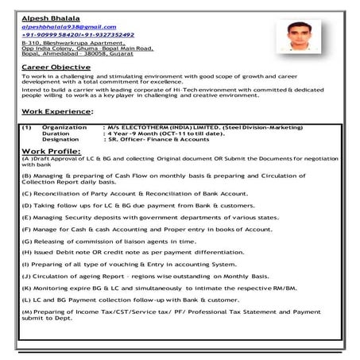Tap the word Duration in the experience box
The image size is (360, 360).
pyautogui.click(x=56, y=133)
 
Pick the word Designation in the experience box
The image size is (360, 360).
pyautogui.click(x=60, y=139)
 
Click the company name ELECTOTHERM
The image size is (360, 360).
pyautogui.click(x=142, y=126)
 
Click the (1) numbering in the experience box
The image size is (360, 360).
pyautogui.click(x=28, y=126)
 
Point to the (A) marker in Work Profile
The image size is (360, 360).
pyautogui.click(x=27, y=158)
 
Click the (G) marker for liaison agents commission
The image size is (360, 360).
pyautogui.click(x=27, y=239)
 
